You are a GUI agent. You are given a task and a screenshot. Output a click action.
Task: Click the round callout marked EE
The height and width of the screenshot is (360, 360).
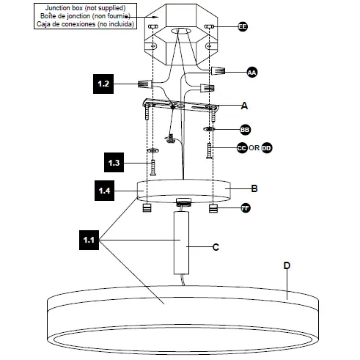click(x=243, y=27)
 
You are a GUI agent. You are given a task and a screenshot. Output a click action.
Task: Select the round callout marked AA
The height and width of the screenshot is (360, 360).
click(x=251, y=73)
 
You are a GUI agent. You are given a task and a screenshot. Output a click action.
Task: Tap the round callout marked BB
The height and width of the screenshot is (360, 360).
click(x=245, y=129)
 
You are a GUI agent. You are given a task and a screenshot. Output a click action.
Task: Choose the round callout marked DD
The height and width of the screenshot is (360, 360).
click(x=266, y=147)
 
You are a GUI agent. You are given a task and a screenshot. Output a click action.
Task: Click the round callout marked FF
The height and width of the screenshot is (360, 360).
click(x=247, y=209)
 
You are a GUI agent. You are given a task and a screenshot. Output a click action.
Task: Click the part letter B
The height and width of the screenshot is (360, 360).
click(x=254, y=188)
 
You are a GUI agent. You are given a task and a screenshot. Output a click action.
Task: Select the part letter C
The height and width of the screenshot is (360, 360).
click(x=216, y=247)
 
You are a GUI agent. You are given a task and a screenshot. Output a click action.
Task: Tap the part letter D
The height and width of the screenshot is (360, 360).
click(x=287, y=265)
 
